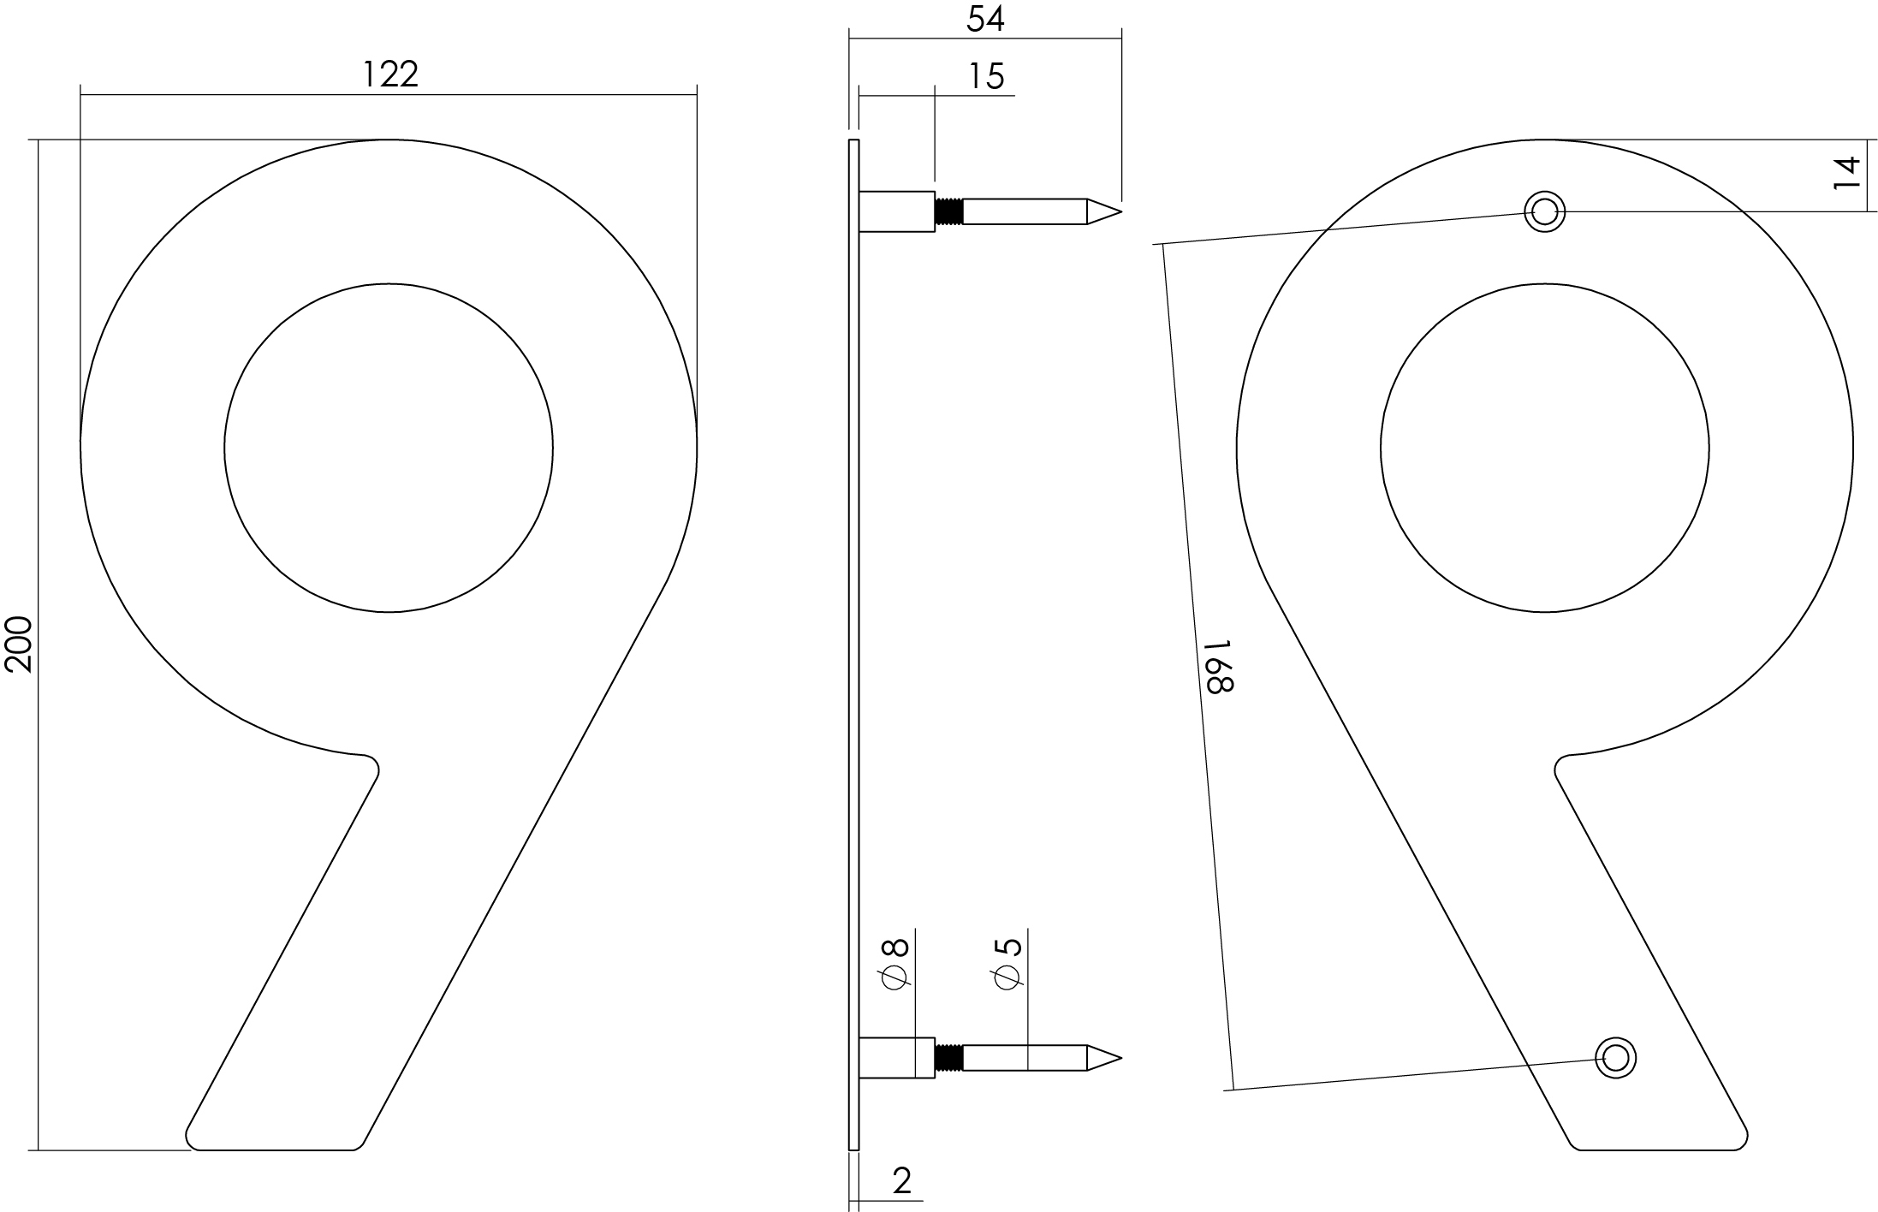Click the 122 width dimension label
click(390, 74)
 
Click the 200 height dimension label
click(19, 644)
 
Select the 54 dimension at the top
click(985, 19)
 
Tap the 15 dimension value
click(986, 76)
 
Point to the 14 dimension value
click(1848, 173)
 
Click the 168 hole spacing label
click(1218, 667)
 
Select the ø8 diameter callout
click(894, 965)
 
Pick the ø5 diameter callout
click(1008, 965)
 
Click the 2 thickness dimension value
click(902, 1181)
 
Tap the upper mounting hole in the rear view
click(1544, 211)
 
